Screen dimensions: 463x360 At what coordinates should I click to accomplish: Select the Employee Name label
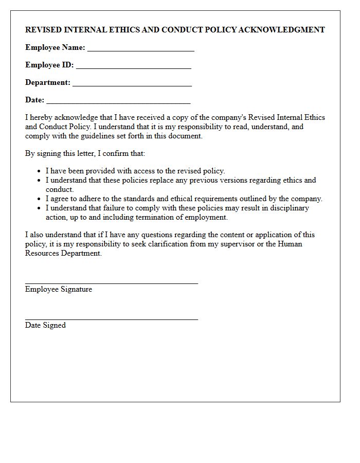click(55, 47)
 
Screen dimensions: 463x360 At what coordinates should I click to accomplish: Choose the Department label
click(48, 82)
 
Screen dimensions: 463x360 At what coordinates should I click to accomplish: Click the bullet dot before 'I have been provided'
click(40, 171)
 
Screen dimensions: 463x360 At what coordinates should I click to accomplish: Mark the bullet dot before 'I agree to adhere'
click(40, 199)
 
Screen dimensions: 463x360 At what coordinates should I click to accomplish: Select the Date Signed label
click(45, 325)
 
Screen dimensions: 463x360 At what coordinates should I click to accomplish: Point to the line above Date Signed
click(111, 319)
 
